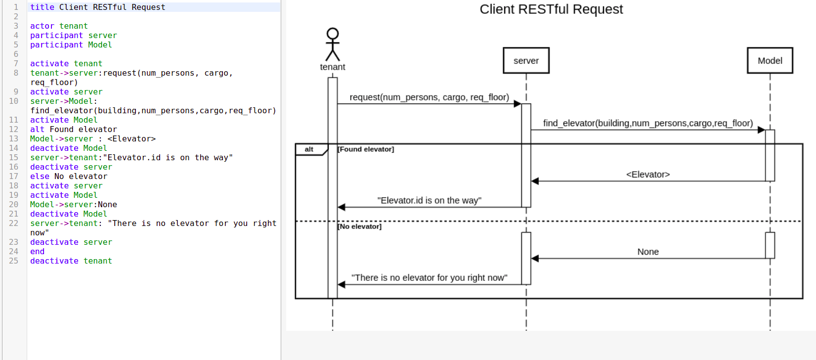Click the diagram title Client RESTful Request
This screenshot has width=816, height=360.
(551, 9)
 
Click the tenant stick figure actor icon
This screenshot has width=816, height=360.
(333, 45)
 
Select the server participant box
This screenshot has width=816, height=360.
(526, 61)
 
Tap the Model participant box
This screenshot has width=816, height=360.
(770, 61)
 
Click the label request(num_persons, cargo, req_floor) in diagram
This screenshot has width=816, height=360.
(429, 97)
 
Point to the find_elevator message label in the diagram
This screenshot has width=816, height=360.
(647, 123)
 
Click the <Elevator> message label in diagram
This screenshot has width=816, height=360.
(647, 175)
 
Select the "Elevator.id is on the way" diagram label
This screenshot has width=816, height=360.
(429, 200)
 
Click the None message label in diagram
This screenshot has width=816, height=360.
(647, 252)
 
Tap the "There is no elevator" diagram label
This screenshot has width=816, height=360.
(429, 278)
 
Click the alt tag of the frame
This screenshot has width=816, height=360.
(309, 149)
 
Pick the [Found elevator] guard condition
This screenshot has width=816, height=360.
(366, 149)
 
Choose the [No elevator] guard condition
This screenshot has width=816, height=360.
(359, 226)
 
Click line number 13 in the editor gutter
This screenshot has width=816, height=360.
(13, 139)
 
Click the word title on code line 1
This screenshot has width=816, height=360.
(42, 7)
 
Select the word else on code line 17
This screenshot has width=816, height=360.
(40, 177)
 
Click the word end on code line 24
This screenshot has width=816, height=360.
(37, 252)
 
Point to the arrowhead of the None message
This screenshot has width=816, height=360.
(535, 259)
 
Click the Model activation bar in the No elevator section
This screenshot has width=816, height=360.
(770, 245)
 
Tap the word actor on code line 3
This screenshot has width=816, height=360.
(42, 26)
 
